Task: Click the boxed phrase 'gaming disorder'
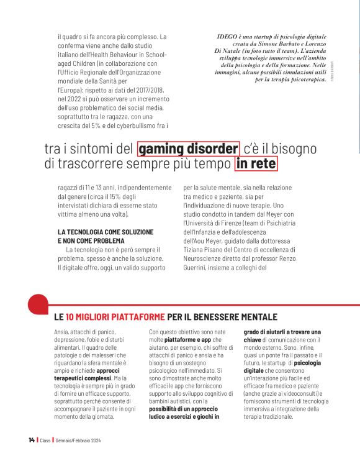click(189, 149)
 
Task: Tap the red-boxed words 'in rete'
click(256, 165)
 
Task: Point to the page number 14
click(31, 440)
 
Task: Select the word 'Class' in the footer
click(45, 440)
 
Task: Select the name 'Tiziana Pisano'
click(205, 250)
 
